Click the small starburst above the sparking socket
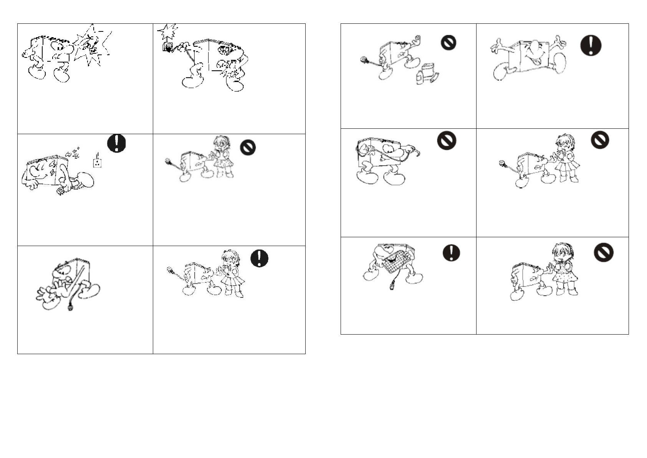click(x=168, y=31)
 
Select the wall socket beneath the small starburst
click(x=168, y=47)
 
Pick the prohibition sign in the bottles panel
click(x=448, y=42)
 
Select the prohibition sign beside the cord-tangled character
click(x=447, y=141)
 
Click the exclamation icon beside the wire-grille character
click(x=451, y=253)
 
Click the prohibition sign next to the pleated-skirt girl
click(x=599, y=140)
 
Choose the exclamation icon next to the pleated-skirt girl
click(x=259, y=258)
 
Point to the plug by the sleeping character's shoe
click(x=61, y=191)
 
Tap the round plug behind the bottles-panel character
click(x=364, y=60)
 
